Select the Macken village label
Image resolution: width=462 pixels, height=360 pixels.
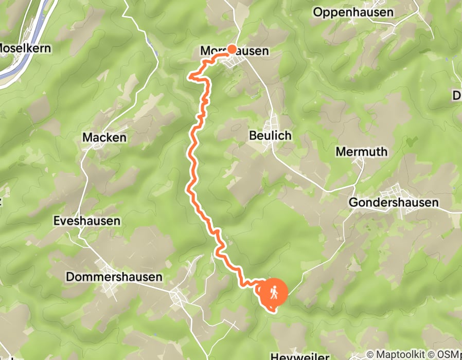(104, 138)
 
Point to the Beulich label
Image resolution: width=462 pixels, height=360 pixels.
(270, 136)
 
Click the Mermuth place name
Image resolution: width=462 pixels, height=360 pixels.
(361, 152)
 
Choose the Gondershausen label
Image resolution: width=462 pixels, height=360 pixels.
(394, 203)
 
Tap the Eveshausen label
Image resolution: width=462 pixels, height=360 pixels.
(87, 221)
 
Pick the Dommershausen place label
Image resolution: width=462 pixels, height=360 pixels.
(114, 277)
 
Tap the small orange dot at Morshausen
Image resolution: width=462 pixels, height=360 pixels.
(232, 49)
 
